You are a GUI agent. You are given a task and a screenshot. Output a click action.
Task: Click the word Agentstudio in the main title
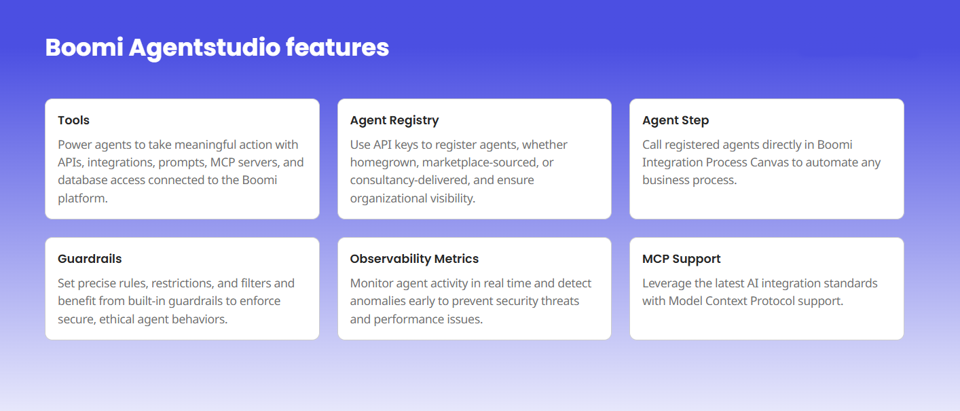[204, 48]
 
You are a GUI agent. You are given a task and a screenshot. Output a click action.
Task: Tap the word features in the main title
[337, 47]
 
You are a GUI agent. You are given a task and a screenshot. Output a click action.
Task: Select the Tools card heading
[74, 120]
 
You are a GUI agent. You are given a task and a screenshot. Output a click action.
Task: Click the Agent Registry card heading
[394, 120]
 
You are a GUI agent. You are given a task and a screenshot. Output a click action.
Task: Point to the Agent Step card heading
[676, 120]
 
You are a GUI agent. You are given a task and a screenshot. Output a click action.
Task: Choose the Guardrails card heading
[90, 259]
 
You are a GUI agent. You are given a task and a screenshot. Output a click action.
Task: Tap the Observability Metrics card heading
[414, 259]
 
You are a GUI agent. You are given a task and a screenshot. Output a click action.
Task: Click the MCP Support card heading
[682, 259]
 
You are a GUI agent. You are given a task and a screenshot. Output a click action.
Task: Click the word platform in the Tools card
[82, 198]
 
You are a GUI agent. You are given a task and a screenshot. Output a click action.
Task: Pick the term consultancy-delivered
[409, 180]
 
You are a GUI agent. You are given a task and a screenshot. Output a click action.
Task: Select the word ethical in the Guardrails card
[117, 319]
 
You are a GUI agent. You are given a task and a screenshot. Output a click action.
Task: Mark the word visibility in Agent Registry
[453, 198]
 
